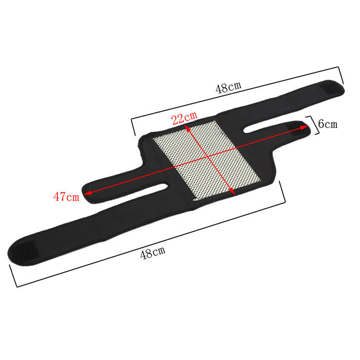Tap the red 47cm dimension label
point(66,197)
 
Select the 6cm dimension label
point(328,124)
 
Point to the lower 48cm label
point(153,253)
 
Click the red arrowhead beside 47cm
point(88,193)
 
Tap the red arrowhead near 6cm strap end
point(304,127)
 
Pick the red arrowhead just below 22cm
point(188,128)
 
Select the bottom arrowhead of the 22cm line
point(232,192)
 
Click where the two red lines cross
point(208,157)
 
